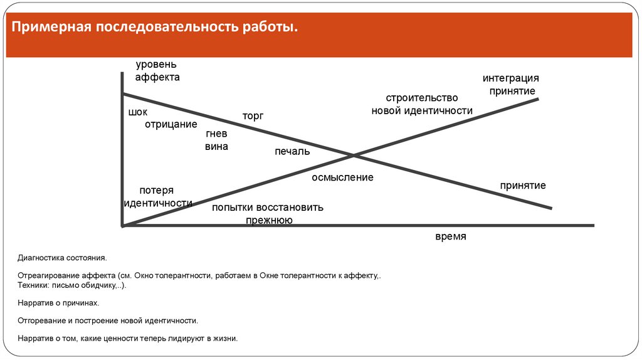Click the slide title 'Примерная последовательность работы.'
[x=152, y=28]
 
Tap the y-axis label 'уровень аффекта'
[x=157, y=71]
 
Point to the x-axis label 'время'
[x=451, y=236]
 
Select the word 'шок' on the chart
[x=137, y=112]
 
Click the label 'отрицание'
[x=171, y=124]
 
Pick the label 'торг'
[x=253, y=116]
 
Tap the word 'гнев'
[x=216, y=134]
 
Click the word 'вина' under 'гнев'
[x=216, y=147]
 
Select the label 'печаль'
[x=292, y=151]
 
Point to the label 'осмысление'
[x=342, y=177]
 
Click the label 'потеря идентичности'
[x=157, y=197]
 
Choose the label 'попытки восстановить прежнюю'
[x=268, y=213]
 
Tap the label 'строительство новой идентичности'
[x=422, y=105]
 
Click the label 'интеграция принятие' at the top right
[x=510, y=85]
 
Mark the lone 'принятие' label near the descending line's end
[x=523, y=186]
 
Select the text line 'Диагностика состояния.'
[x=62, y=258]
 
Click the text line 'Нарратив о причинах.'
[x=59, y=303]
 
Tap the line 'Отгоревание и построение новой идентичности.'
[x=108, y=320]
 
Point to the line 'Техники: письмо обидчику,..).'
[x=72, y=285]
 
